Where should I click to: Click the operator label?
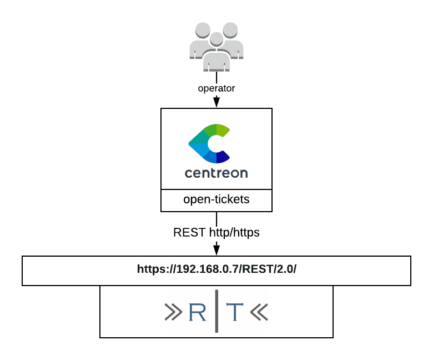pyautogui.click(x=216, y=88)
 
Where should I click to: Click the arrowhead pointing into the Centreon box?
pyautogui.click(x=216, y=103)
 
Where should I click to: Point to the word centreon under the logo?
pyautogui.click(x=216, y=173)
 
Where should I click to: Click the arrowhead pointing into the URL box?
pyautogui.click(x=216, y=248)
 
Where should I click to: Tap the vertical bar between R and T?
pyautogui.click(x=216, y=311)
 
